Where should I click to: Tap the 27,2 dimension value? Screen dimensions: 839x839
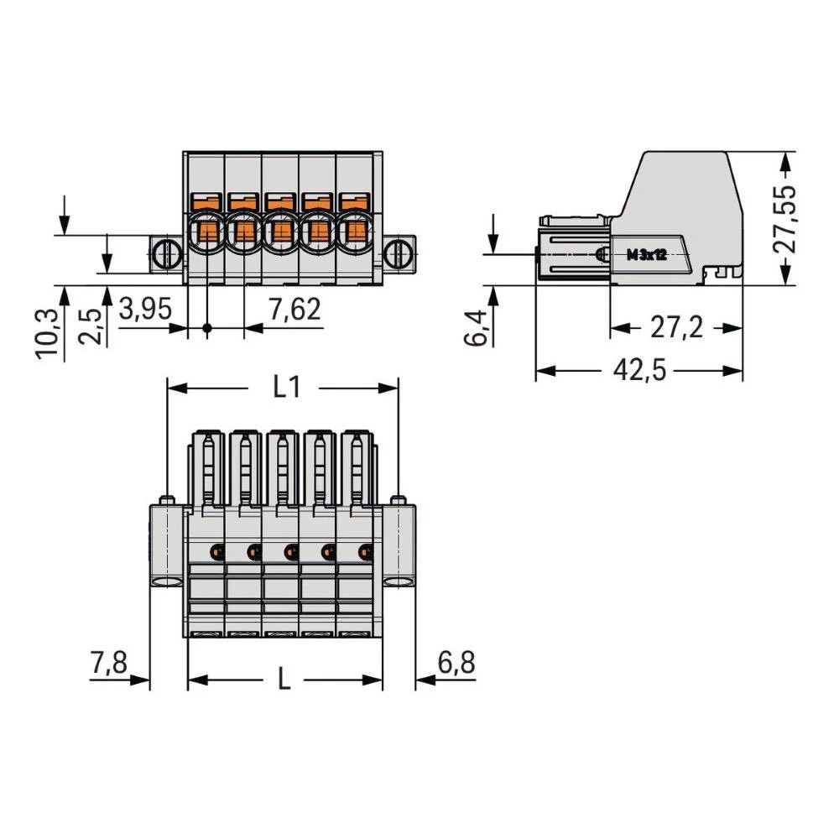[x=676, y=328]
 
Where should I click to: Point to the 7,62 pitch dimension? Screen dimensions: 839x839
[x=293, y=310]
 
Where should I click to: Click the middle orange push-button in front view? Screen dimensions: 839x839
[x=279, y=202]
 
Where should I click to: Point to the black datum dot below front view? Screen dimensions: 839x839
[x=208, y=328]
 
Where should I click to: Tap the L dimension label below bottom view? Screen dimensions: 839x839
[x=284, y=680]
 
